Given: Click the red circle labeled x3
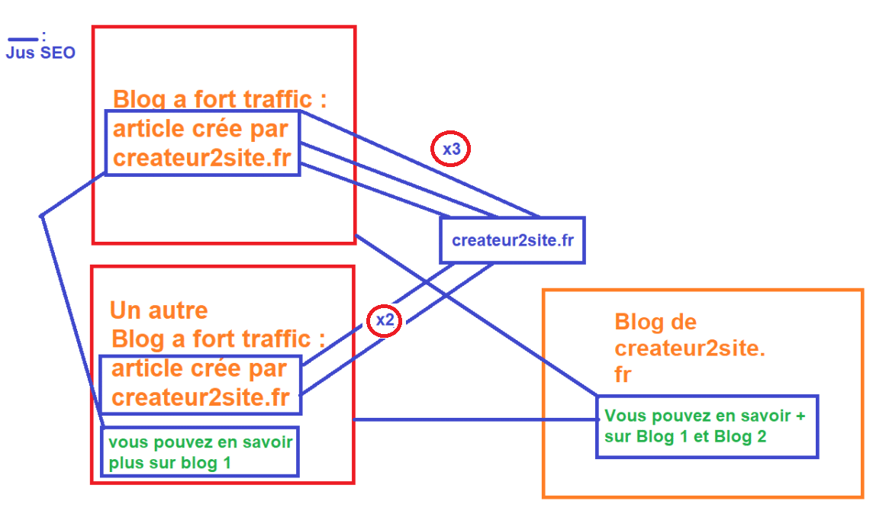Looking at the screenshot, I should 451,149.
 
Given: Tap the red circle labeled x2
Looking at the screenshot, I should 385,320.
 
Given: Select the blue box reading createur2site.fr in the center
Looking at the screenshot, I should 512,240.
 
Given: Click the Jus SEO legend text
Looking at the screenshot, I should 40,53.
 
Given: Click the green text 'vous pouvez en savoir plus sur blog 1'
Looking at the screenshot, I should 200,452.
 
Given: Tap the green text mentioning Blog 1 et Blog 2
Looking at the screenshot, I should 705,426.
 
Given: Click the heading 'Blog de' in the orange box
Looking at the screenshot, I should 655,322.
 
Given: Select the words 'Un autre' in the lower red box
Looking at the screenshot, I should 159,310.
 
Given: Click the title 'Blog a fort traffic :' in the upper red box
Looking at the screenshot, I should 220,99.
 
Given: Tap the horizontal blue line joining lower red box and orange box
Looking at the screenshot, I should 473,419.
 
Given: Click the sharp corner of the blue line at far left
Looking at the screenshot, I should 40,216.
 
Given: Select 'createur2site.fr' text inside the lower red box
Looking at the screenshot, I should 200,397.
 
